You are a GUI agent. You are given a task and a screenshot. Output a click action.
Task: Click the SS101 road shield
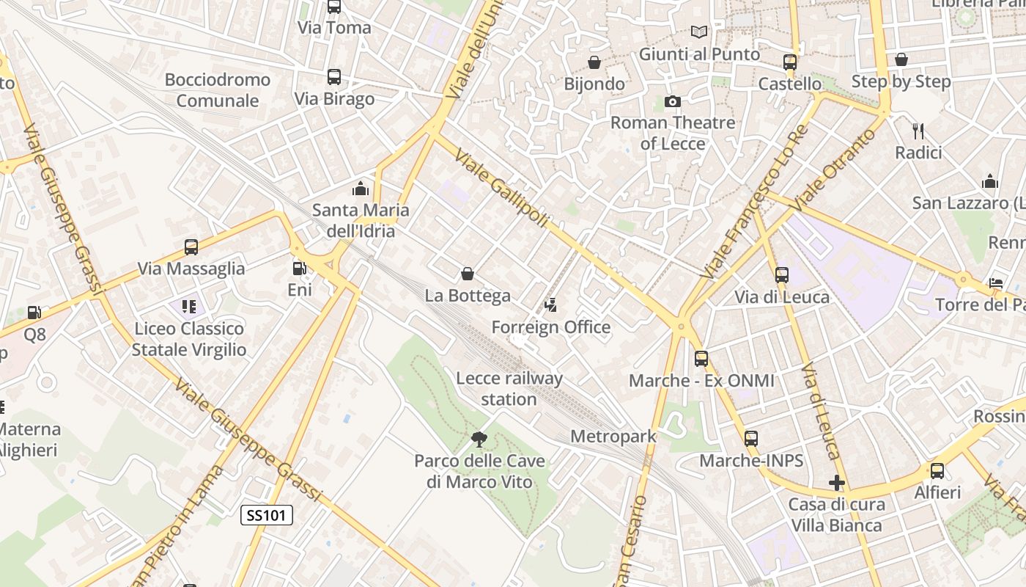coord(267,515)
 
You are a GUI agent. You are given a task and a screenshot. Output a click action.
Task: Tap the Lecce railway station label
coord(509,389)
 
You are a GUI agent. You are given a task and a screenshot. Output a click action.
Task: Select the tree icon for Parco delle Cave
coord(479,440)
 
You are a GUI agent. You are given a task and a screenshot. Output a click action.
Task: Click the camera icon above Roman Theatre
coord(672,101)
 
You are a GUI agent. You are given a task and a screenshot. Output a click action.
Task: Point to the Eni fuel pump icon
coord(299,269)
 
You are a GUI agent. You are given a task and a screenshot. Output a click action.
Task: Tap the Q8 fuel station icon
coord(34,313)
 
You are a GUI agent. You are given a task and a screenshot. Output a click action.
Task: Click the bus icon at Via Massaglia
coord(191,247)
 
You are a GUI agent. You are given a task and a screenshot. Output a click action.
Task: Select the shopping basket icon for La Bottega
coord(468,274)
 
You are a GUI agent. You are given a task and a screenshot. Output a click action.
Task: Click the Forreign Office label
coord(550,327)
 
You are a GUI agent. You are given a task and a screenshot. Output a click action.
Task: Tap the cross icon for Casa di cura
coord(836,483)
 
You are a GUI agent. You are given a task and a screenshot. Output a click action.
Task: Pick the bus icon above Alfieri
coord(937,471)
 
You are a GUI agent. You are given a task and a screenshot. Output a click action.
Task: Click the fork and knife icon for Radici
coord(918,131)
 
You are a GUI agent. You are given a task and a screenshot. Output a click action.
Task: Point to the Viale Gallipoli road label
coord(501,188)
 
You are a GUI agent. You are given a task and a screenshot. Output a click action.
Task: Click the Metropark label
coord(613,437)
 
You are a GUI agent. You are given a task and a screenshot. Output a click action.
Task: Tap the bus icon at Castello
coord(789,62)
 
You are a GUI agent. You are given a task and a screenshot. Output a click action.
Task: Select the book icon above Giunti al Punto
coord(699,32)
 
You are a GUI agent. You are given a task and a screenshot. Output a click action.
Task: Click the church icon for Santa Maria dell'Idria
coord(360,189)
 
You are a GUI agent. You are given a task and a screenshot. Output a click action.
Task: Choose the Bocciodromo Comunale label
coord(218,90)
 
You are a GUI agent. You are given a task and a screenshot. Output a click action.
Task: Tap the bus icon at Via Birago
coord(334,77)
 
